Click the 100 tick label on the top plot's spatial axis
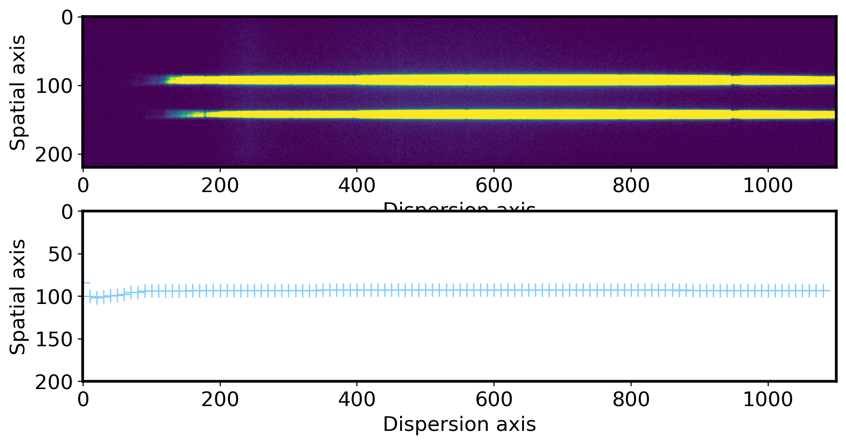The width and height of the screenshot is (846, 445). click(x=54, y=86)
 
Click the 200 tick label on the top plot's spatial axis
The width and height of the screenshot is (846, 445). click(x=54, y=155)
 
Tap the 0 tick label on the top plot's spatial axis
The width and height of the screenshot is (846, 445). click(x=67, y=18)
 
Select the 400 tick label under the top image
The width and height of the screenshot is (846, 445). click(x=357, y=185)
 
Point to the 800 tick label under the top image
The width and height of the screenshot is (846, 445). click(x=631, y=185)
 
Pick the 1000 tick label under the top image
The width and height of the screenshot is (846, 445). click(x=768, y=185)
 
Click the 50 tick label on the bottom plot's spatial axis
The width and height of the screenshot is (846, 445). click(x=60, y=254)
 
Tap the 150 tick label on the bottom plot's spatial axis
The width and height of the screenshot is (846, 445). click(x=54, y=339)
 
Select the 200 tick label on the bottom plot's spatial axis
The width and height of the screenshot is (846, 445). click(x=54, y=382)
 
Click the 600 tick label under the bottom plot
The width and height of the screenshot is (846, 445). click(x=493, y=400)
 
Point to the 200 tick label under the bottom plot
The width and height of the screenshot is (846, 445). click(x=220, y=400)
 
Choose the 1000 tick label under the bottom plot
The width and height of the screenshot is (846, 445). click(x=768, y=400)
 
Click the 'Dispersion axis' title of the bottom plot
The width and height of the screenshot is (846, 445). click(x=459, y=425)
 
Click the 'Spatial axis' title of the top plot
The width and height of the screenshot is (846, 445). click(x=18, y=92)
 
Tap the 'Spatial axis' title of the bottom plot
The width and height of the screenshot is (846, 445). click(x=18, y=296)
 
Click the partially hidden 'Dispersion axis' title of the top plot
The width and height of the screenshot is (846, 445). click(x=459, y=208)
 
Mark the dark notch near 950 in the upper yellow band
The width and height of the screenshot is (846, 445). click(x=732, y=80)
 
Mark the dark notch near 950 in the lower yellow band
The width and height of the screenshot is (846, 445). click(x=733, y=115)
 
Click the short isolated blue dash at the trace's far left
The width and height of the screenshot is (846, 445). click(x=87, y=283)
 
